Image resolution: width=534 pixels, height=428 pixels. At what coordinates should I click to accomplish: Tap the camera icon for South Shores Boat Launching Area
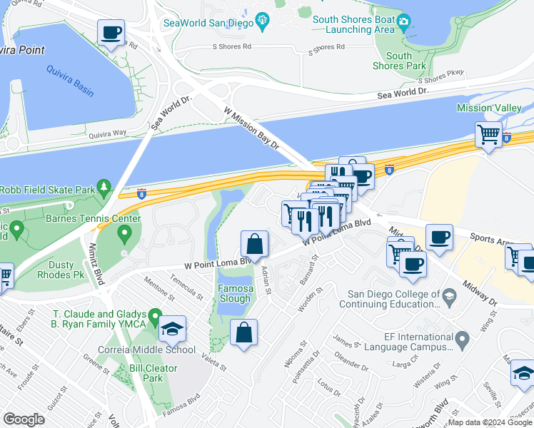(x=403, y=21)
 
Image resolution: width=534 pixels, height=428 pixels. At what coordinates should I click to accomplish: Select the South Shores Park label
(x=398, y=61)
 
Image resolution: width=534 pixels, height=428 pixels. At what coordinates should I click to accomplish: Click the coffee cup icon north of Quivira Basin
(x=111, y=33)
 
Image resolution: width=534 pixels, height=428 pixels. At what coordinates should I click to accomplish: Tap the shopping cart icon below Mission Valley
(x=489, y=133)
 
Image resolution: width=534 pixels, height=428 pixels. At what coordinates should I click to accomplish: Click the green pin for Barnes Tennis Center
(x=126, y=233)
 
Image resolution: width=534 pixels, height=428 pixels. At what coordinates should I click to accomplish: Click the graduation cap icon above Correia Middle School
(x=172, y=329)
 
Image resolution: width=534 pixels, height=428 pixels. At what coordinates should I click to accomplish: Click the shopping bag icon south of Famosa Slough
(x=243, y=332)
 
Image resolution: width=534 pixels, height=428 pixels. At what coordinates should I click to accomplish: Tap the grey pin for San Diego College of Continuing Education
(x=449, y=295)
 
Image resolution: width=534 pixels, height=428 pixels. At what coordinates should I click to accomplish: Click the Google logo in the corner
(x=24, y=419)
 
